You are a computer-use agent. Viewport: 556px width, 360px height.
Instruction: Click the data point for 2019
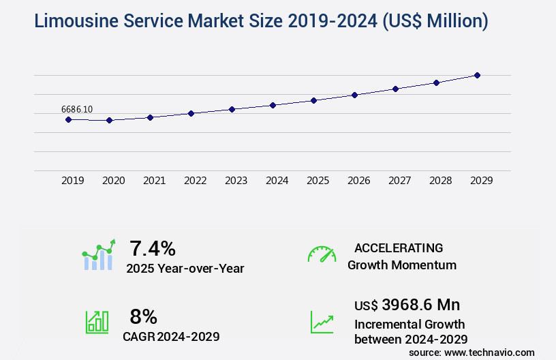(x=68, y=119)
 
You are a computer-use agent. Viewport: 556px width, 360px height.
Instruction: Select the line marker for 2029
(x=477, y=75)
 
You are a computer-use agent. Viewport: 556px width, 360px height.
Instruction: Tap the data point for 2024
(x=273, y=105)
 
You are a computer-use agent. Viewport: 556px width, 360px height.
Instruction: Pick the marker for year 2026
(x=354, y=95)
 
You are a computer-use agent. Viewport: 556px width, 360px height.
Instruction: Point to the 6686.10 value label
(x=77, y=109)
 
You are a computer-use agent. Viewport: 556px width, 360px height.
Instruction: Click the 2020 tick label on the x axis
(x=114, y=181)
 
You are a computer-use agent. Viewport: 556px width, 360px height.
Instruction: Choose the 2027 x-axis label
(x=400, y=181)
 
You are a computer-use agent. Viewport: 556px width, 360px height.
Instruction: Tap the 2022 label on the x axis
(x=196, y=181)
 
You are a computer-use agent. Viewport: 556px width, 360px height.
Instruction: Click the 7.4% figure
(x=153, y=248)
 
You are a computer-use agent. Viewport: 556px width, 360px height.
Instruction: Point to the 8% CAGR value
(x=144, y=316)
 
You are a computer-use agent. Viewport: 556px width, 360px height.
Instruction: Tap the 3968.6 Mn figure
(x=420, y=305)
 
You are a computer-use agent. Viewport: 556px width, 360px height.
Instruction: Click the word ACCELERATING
(x=399, y=248)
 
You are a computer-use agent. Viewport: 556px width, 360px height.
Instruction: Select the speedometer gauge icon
(x=322, y=254)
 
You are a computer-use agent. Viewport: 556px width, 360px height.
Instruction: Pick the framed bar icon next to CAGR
(x=97, y=322)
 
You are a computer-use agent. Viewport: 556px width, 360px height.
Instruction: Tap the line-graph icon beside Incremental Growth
(x=322, y=322)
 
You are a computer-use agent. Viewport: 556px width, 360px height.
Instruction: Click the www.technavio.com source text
(x=489, y=352)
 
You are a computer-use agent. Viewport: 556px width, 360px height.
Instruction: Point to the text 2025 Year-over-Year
(x=185, y=269)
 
